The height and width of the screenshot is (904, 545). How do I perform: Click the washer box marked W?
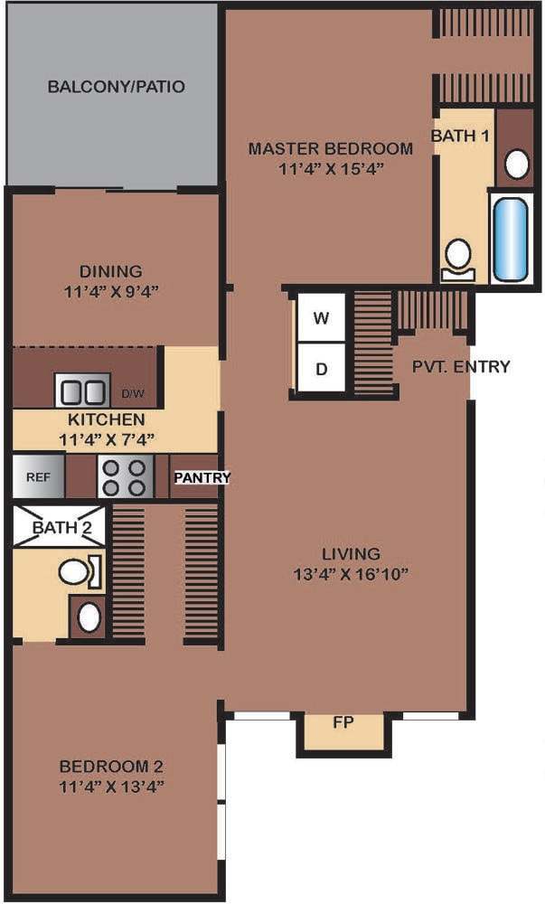click(322, 317)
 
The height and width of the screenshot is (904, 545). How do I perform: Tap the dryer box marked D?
click(322, 368)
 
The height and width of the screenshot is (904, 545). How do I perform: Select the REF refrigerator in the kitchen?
click(39, 476)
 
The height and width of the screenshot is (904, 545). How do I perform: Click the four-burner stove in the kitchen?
click(125, 476)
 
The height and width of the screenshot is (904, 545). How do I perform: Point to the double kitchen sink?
click(82, 391)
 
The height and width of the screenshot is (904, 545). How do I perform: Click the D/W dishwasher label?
click(133, 394)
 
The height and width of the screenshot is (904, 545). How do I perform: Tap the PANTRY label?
click(202, 477)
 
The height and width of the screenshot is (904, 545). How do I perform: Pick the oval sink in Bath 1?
click(517, 164)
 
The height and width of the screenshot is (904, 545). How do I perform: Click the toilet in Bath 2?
click(80, 572)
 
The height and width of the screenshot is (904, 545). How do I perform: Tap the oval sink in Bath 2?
click(89, 618)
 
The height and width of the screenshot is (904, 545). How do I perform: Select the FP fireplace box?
click(343, 732)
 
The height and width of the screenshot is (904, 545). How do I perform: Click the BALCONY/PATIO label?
click(117, 87)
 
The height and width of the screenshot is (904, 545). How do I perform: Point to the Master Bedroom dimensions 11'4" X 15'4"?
click(332, 169)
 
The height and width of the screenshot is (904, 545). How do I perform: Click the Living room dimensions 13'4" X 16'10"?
click(351, 574)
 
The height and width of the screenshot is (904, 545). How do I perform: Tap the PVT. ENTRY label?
click(461, 367)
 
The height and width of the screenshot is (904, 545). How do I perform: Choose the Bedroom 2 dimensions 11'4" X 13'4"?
click(112, 786)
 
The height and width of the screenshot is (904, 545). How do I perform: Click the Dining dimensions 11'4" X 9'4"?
click(111, 291)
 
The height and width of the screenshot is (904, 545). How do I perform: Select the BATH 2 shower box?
click(60, 527)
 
